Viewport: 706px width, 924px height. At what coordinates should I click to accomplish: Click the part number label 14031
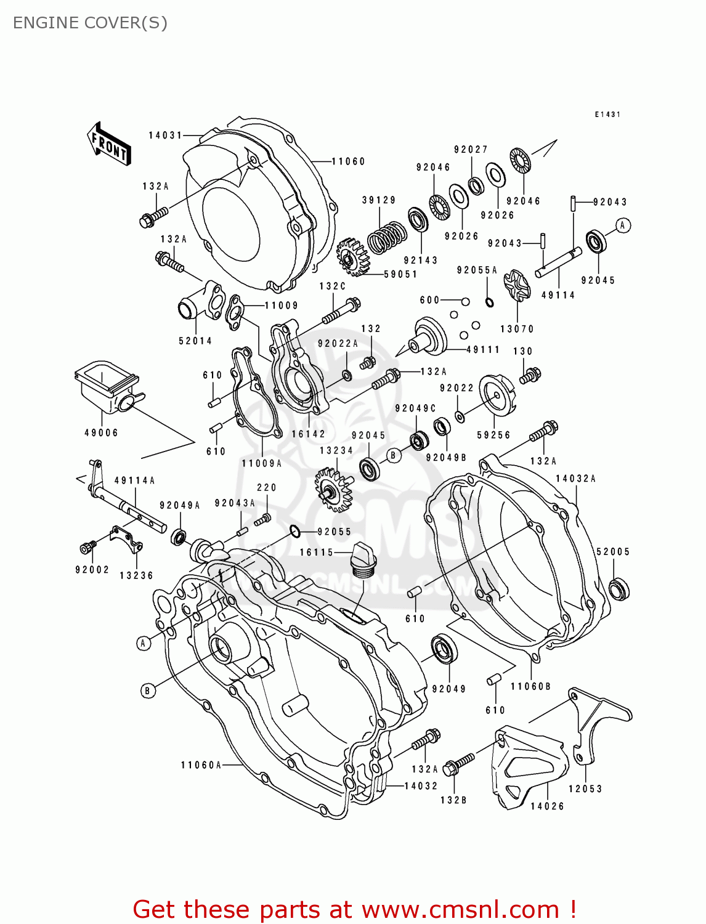(165, 136)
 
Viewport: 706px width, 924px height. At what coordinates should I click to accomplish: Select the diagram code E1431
(607, 115)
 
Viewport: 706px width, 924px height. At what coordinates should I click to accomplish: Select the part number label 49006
(101, 433)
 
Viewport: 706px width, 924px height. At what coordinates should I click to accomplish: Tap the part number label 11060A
(201, 765)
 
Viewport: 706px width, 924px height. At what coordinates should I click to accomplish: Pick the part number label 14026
(547, 806)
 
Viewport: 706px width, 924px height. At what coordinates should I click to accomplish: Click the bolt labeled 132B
(459, 763)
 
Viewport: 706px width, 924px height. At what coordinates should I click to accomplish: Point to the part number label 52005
(613, 552)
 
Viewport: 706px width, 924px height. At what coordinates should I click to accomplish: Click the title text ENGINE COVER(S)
(90, 23)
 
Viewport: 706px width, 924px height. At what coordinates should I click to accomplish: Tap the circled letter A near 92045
(623, 225)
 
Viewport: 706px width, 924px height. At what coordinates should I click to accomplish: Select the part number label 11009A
(261, 464)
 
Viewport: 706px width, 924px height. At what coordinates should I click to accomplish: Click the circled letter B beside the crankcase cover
(147, 691)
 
